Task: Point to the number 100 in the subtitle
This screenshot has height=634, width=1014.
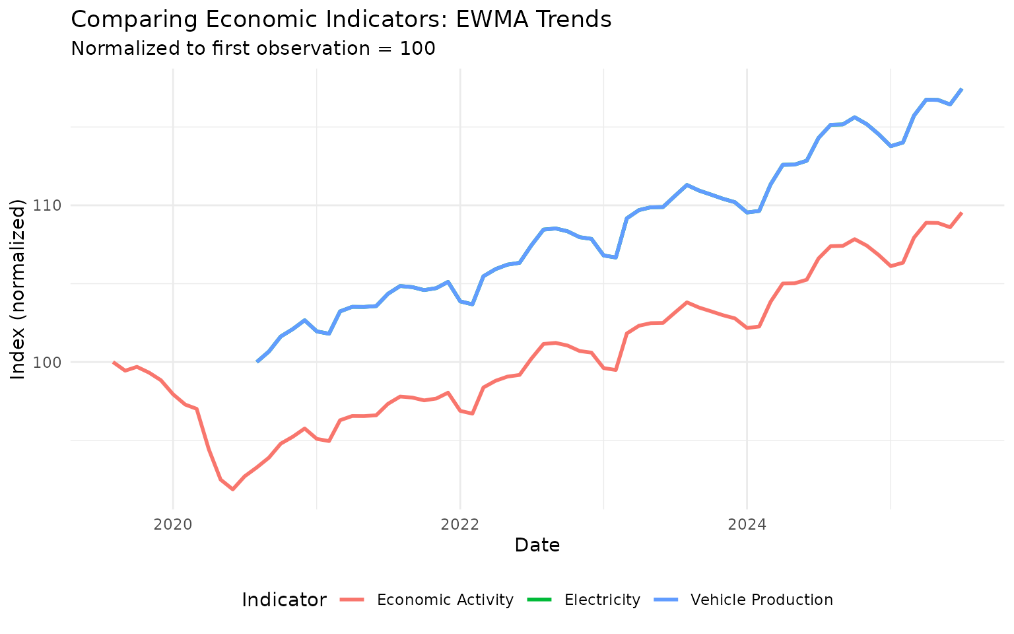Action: coord(417,48)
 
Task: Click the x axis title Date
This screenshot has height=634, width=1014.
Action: coord(537,545)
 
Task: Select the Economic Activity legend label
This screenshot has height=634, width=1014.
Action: coord(445,600)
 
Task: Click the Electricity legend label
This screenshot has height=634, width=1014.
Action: coord(602,600)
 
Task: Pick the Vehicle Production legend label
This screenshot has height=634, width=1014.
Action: coord(761,600)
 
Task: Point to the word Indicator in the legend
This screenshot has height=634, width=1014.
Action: coord(284,600)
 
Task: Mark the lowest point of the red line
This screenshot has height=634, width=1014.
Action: coord(232,489)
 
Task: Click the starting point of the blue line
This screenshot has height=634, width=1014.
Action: coord(257,362)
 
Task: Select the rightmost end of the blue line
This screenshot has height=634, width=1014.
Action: coord(963,88)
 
